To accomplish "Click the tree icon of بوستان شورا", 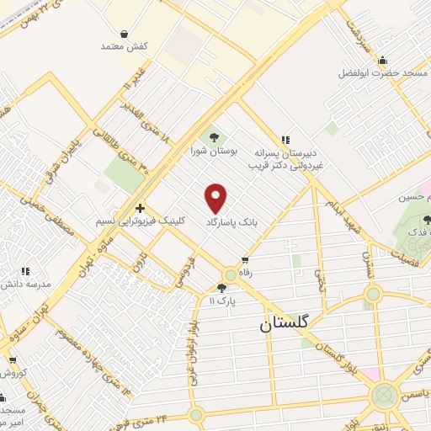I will click(x=213, y=136).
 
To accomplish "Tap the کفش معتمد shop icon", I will click(x=125, y=35).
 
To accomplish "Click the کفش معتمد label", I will click(x=125, y=47).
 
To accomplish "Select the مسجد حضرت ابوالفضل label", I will click(x=383, y=73).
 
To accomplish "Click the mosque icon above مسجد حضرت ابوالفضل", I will click(x=383, y=60).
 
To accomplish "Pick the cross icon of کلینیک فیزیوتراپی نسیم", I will click(x=140, y=208).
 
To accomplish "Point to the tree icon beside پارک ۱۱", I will click(x=221, y=287).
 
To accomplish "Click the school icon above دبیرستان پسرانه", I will click(x=285, y=140).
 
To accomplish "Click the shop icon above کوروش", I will click(x=12, y=359).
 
